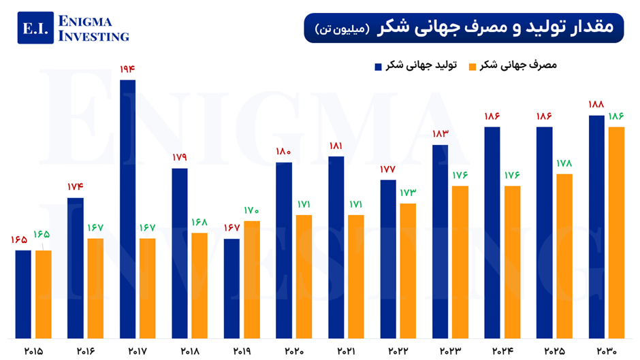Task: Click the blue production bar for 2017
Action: (x=127, y=209)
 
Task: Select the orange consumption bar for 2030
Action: (x=616, y=232)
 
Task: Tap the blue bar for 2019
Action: (x=231, y=288)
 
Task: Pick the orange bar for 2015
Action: (x=44, y=294)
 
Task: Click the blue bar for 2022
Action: (x=388, y=259)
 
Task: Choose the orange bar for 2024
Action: (x=512, y=261)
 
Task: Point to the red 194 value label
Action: (x=127, y=69)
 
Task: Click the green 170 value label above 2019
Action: (x=251, y=210)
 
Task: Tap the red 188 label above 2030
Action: (x=596, y=105)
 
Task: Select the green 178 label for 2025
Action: (x=564, y=163)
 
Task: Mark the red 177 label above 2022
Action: (x=388, y=169)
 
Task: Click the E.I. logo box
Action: (x=35, y=28)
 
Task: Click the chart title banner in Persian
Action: (x=464, y=27)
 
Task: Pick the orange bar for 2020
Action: (x=304, y=276)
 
